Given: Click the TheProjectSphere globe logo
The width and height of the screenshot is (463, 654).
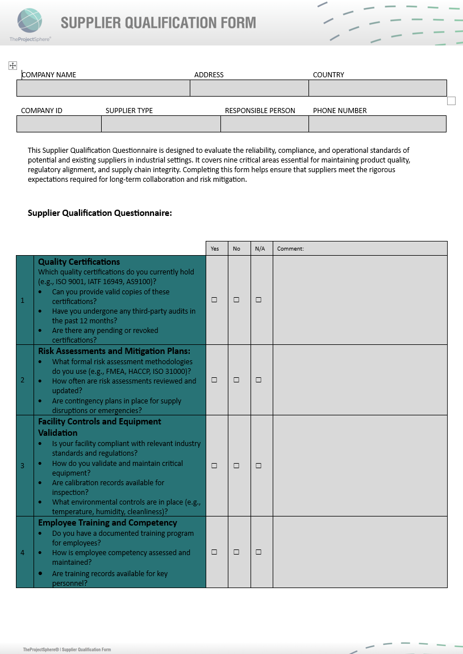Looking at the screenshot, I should (x=30, y=21).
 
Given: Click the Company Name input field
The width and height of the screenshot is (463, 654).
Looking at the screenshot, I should (x=103, y=88).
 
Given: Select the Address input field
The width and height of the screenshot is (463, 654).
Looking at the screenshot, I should (x=249, y=88).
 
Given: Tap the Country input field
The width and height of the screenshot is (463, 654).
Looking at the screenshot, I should (x=377, y=88).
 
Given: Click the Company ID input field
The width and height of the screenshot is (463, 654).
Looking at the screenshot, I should (x=59, y=124).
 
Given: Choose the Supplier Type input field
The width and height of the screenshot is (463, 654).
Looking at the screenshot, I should (x=161, y=124).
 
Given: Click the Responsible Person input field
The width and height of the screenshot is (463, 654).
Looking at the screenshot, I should (x=264, y=124).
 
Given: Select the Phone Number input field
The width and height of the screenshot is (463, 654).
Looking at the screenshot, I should (x=377, y=124).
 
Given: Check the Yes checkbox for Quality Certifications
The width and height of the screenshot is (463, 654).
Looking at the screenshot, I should (x=214, y=300).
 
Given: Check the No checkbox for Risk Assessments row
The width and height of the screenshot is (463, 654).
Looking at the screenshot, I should (x=236, y=380).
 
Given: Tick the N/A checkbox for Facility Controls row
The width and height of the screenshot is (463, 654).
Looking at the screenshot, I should (x=258, y=466).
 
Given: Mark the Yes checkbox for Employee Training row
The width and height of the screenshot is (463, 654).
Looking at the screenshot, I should (x=214, y=552).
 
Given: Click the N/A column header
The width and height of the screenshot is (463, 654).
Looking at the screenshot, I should (x=260, y=249).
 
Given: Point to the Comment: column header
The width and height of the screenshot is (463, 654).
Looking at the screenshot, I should (x=290, y=249).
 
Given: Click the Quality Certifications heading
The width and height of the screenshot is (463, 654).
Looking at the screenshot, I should (x=79, y=262).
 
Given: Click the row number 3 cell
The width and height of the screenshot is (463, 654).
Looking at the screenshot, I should (x=23, y=466).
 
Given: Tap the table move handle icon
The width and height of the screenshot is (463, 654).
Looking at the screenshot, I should (x=12, y=66).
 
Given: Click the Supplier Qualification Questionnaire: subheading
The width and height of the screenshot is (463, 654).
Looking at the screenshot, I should (x=99, y=213).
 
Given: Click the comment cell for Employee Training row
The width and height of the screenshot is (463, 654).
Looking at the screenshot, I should (x=360, y=552).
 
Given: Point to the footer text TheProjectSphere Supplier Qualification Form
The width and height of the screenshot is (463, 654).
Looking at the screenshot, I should (x=67, y=649).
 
